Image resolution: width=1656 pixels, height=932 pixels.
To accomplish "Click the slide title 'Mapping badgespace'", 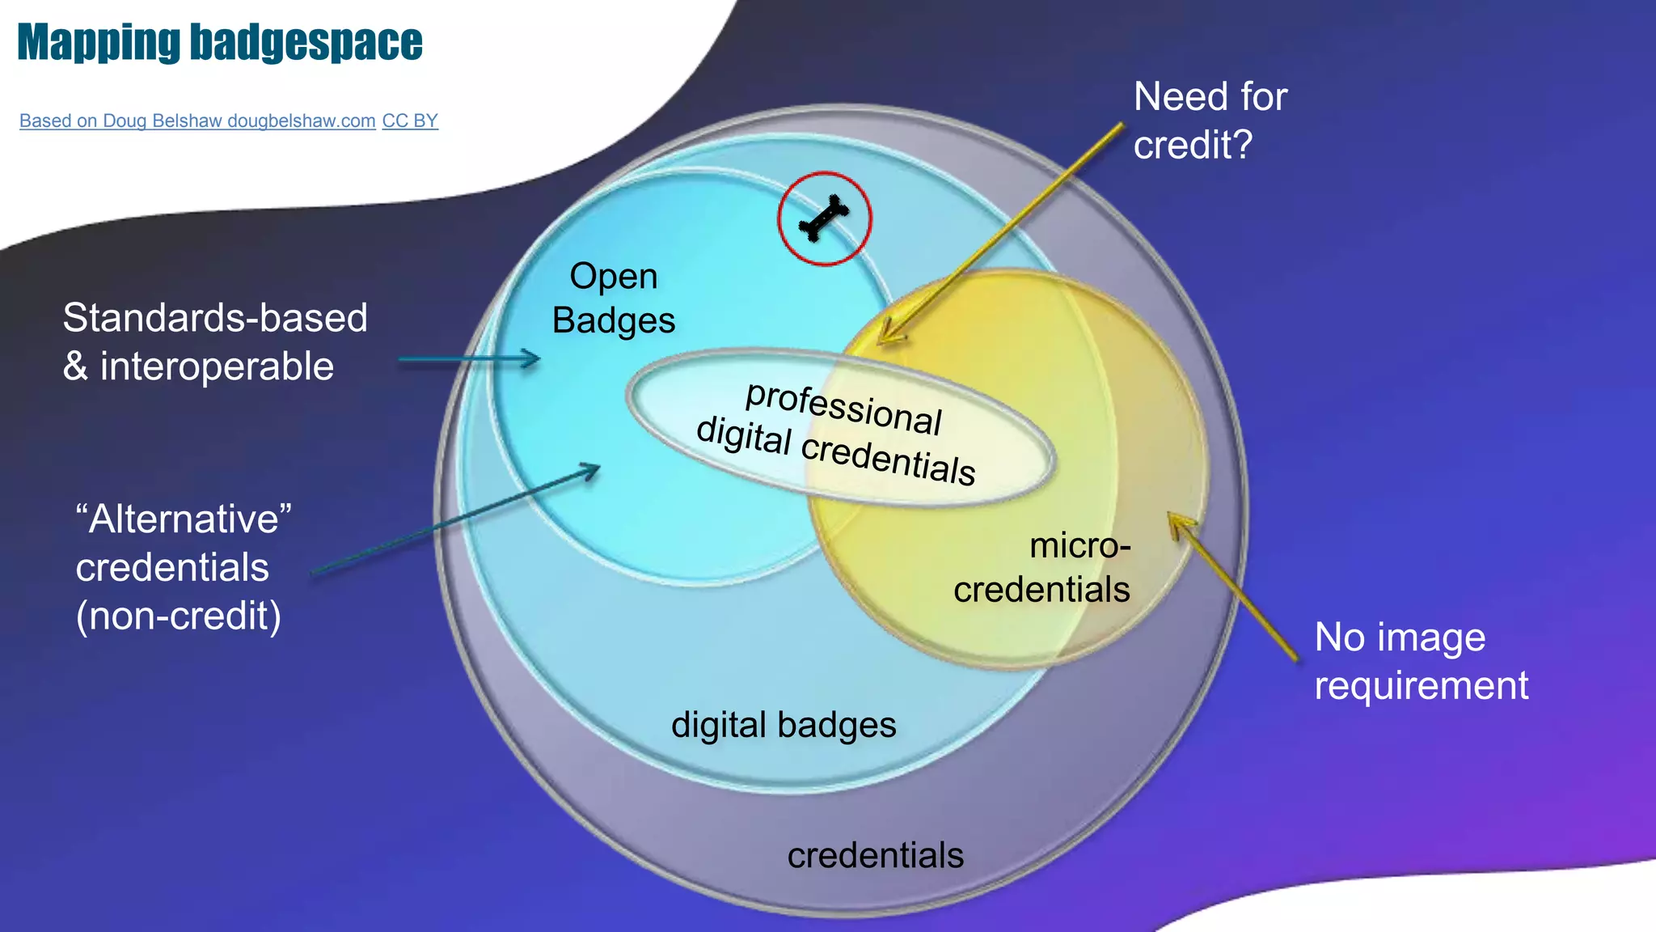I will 220,42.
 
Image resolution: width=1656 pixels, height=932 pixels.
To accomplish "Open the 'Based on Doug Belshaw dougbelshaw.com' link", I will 197,121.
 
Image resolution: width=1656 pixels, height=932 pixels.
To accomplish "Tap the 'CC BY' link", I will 410,121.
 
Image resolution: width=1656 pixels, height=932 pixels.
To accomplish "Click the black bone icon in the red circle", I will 824,218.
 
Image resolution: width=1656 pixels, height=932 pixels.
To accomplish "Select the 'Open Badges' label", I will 614,299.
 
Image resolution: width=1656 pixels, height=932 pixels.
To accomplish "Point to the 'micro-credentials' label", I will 1042,568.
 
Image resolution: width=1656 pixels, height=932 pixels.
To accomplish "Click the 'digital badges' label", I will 784,725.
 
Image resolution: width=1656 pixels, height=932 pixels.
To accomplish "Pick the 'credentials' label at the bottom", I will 876,855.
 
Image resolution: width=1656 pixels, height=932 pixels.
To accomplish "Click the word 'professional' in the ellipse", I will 843,407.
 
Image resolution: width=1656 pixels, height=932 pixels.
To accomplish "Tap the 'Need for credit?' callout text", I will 1210,121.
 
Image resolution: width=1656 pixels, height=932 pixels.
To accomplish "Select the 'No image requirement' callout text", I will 1421,661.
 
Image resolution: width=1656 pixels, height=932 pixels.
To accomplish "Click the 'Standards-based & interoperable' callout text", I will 215,341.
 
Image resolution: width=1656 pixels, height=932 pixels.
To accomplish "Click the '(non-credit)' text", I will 179,616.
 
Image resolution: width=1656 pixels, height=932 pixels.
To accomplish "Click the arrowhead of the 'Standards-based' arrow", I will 534,358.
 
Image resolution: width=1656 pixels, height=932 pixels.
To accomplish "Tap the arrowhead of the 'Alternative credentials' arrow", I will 594,468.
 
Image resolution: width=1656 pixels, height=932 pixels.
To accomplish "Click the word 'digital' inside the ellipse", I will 743,436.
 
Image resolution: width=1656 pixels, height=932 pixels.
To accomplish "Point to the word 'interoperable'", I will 217,366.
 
